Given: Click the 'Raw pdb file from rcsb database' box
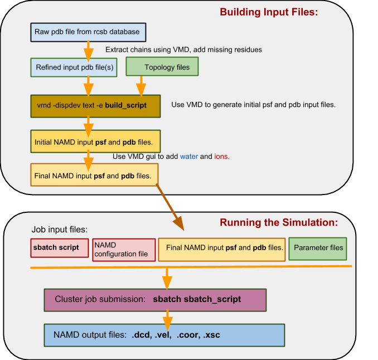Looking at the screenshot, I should (88, 32).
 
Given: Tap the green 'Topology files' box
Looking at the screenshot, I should (162, 67).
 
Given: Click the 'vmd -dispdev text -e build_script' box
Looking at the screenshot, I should (95, 105).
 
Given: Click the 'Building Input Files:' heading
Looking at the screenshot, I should (268, 12).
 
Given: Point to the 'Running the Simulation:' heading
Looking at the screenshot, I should (279, 223).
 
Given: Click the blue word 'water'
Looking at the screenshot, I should (188, 157).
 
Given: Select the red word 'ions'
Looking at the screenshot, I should (221, 157).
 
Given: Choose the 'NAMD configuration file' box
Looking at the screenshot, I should (123, 250).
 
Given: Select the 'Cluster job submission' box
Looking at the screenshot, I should (154, 299).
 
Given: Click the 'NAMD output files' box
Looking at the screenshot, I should (164, 335).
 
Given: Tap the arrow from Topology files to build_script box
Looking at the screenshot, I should (141, 86).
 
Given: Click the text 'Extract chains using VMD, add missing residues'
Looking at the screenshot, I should (183, 50).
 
